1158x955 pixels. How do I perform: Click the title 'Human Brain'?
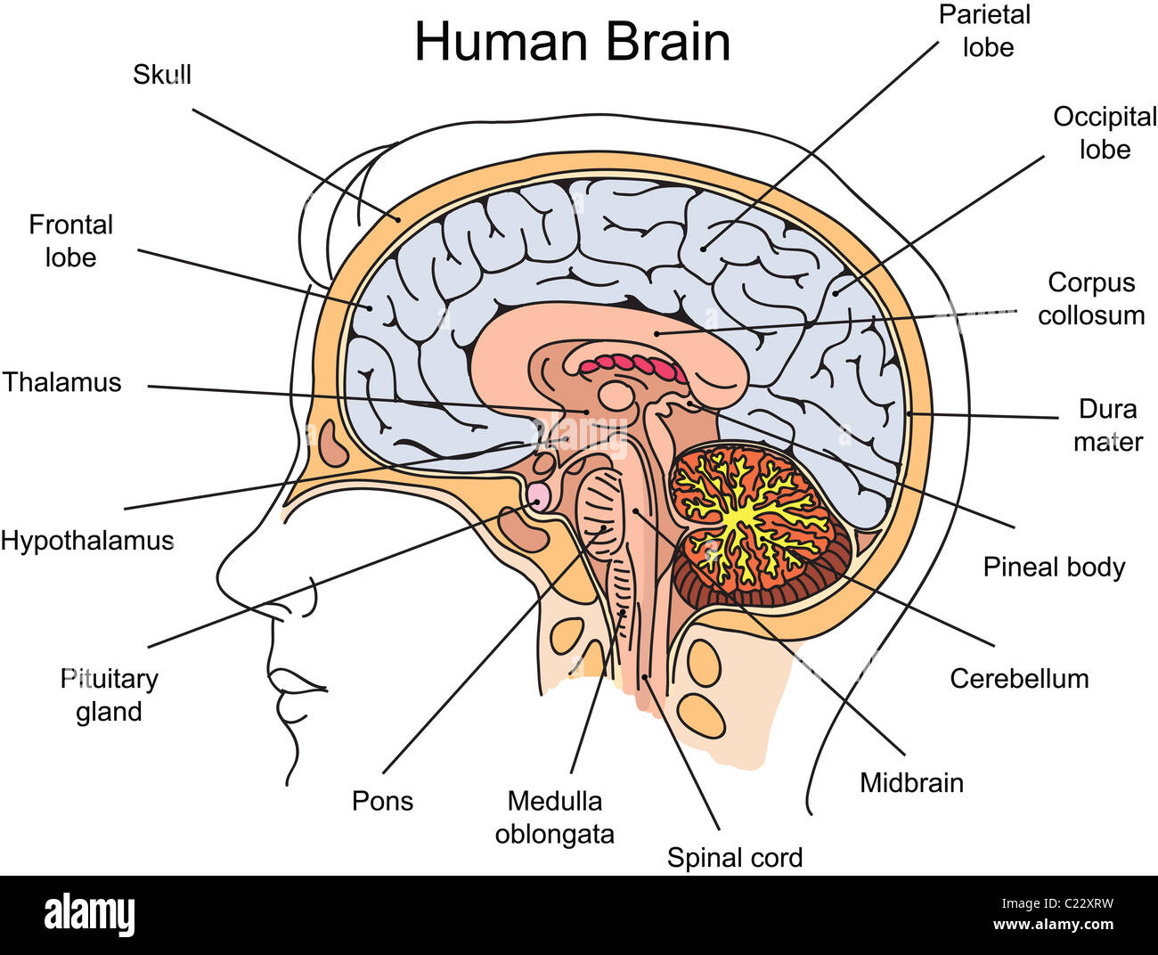point(573,42)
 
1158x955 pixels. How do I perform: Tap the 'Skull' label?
point(162,74)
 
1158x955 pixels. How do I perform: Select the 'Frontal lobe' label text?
point(71,241)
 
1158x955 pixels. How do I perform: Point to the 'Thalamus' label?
point(61,382)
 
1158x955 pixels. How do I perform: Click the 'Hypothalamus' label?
point(87,541)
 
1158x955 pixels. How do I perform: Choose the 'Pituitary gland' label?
point(109,696)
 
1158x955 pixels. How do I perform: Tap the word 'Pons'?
point(383,801)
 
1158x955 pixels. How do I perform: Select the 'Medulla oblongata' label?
point(555,818)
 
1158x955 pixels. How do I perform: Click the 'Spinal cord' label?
point(735,857)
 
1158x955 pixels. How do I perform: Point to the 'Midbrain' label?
point(912,783)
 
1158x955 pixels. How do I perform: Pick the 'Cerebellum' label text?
point(1019,679)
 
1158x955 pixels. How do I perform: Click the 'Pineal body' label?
point(1055,567)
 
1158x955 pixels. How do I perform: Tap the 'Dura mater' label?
point(1108,425)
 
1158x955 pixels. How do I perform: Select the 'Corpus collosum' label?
point(1091,299)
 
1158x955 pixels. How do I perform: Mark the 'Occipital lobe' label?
point(1105,133)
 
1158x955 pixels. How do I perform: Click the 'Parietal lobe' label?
point(985,31)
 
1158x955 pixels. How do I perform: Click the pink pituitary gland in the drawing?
point(538,496)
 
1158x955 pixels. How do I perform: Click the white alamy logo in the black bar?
point(89,914)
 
